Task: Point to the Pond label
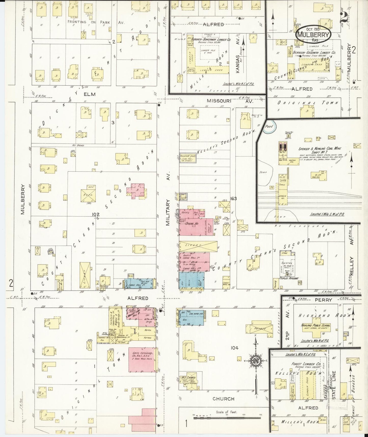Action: click(x=269, y=126)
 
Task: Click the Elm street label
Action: click(x=90, y=94)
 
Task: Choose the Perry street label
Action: click(x=323, y=300)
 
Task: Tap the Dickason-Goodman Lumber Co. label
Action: click(x=321, y=52)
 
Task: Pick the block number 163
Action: click(x=233, y=198)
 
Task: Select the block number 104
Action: click(x=234, y=347)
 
